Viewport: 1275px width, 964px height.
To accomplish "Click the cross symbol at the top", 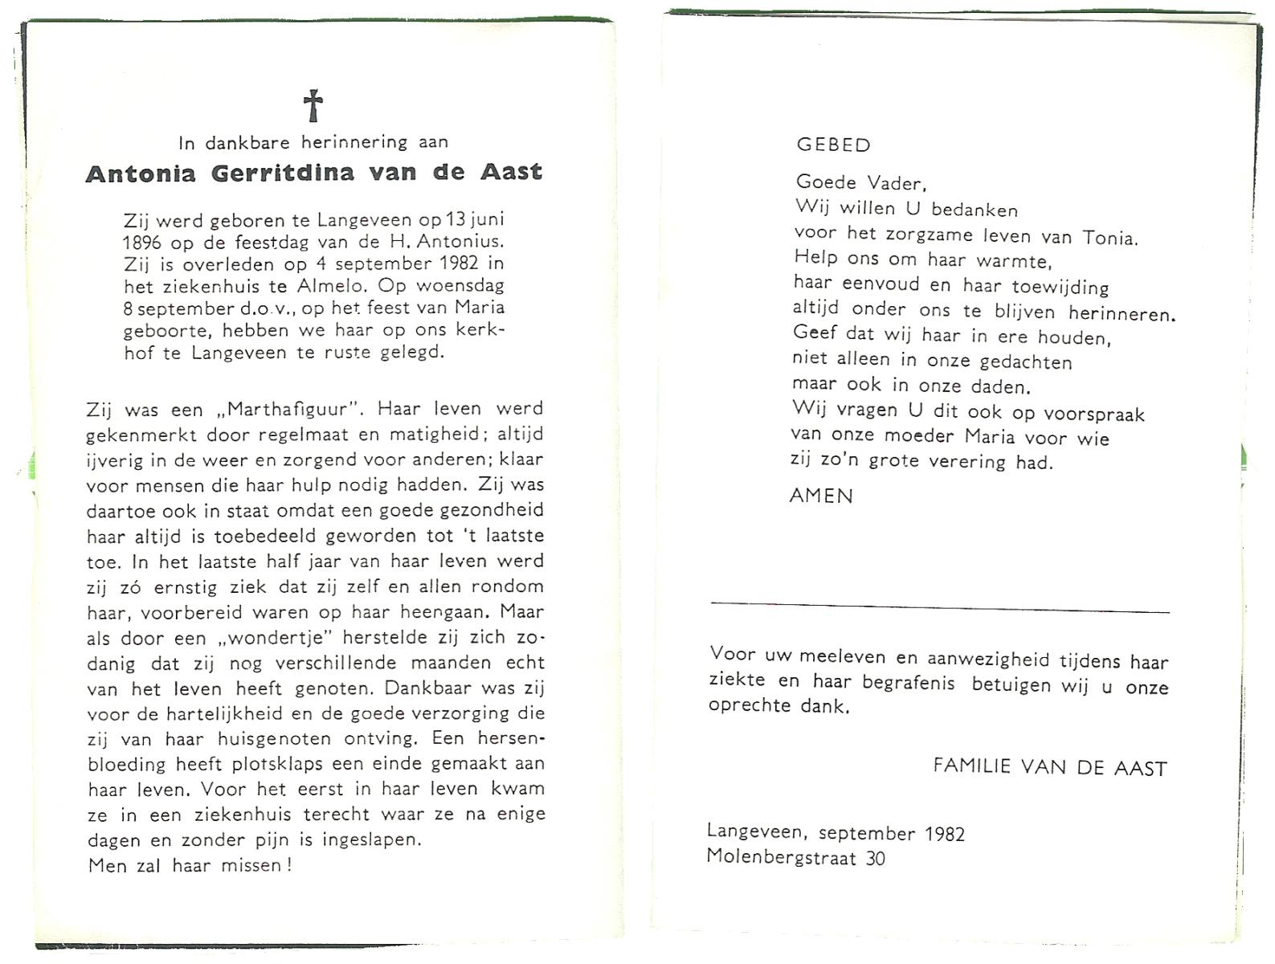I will coord(313,106).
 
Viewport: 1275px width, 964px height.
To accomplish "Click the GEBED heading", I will coord(833,145).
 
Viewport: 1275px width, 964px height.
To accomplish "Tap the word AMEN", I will coord(821,496).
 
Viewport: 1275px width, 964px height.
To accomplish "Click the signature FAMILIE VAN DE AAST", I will coord(1049,767).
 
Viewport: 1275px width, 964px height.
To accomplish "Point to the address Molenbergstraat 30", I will coord(795,858).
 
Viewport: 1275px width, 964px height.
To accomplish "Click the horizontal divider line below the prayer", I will coord(940,607).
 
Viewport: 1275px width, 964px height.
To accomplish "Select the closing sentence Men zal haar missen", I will coord(190,865).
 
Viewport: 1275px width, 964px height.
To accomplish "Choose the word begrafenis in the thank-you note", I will coord(908,684).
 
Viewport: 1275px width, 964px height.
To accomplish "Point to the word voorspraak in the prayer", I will coord(1094,415).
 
